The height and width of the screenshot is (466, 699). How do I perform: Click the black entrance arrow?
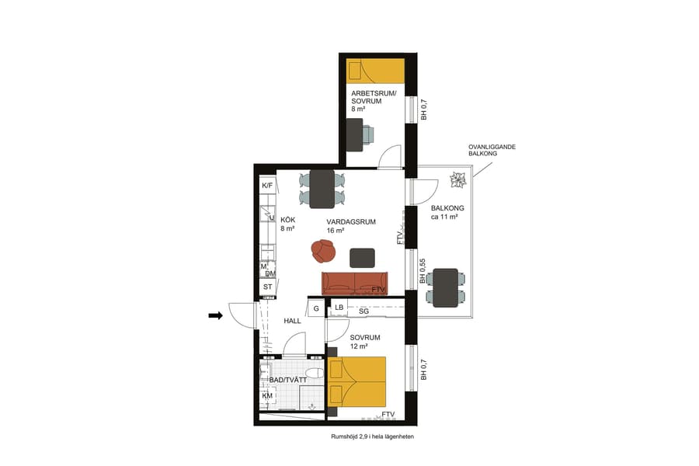(216, 315)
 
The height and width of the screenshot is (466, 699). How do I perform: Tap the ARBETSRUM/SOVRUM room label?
(374, 102)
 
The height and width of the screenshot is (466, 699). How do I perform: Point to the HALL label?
(292, 321)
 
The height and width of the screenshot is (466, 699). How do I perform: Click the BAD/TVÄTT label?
(283, 379)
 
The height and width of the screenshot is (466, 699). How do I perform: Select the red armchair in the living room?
(323, 251)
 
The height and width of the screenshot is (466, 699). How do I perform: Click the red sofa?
(355, 283)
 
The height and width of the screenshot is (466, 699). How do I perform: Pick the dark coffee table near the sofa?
(363, 257)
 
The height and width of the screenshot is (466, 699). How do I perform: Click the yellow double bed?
(357, 381)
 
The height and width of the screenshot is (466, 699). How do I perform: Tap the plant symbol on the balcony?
(457, 181)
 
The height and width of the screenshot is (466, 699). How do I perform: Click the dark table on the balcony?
(446, 288)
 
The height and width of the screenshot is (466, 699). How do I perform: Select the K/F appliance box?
(267, 186)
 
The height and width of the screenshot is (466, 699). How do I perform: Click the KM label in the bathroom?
(267, 396)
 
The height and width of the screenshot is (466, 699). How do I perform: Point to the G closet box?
(316, 308)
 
